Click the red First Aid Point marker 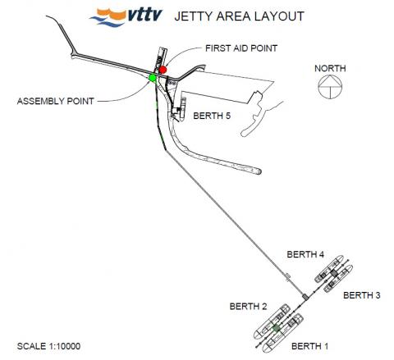tap(163, 70)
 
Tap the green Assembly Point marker tap(153, 78)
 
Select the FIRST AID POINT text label tap(241, 48)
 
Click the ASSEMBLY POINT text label tap(56, 101)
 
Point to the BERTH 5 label tap(212, 116)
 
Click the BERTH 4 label tap(305, 254)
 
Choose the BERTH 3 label tap(362, 295)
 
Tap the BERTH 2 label tap(248, 307)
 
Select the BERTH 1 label tap(309, 346)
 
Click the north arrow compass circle tap(330, 75)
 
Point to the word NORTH tap(330, 68)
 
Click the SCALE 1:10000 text tap(48, 346)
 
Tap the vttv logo tap(126, 17)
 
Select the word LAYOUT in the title tap(280, 16)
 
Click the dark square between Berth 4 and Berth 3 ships tap(333, 273)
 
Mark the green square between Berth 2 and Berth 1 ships tap(277, 328)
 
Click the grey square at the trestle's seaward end tap(305, 296)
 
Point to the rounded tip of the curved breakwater tap(259, 171)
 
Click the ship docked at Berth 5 tap(183, 108)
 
